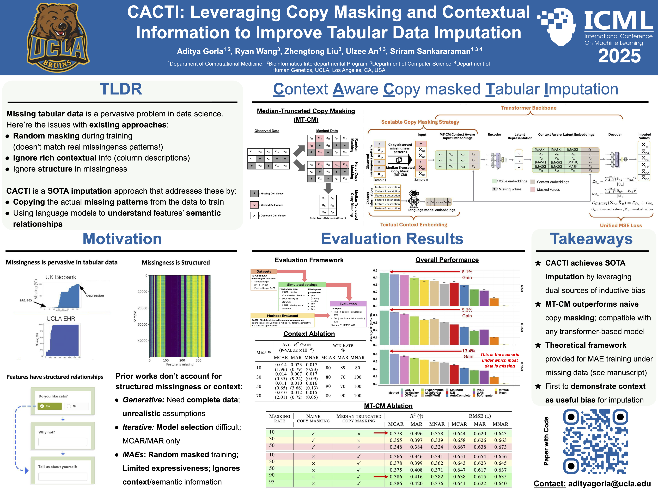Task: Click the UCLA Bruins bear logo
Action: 58,37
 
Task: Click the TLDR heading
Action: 121,89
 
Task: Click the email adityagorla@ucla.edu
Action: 609,483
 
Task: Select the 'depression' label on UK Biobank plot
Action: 95,295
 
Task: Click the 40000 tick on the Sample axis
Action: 142,341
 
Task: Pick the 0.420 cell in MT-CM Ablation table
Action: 416,483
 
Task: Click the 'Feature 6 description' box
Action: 387,208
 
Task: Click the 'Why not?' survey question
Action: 47,432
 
